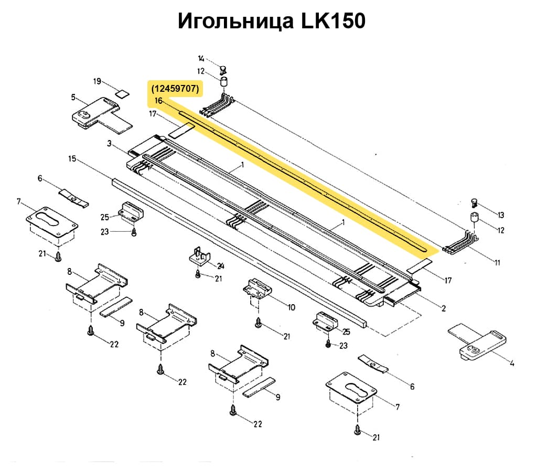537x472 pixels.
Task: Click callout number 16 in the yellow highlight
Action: click(158, 101)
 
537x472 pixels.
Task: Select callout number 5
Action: click(73, 97)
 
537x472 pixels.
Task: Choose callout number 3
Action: click(109, 143)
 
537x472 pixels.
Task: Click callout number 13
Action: click(500, 215)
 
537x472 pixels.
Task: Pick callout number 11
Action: click(497, 263)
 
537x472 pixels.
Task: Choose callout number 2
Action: click(443, 308)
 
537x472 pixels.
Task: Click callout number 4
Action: click(512, 361)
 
